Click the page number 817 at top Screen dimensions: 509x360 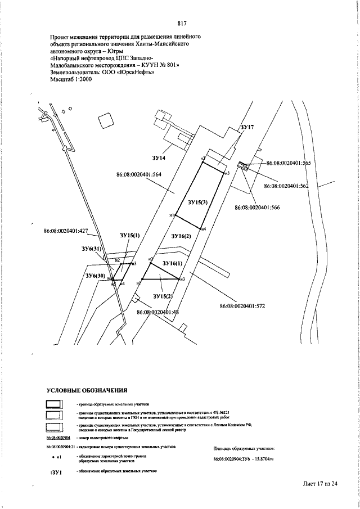point(182,23)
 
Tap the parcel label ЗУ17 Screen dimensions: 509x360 point(247,128)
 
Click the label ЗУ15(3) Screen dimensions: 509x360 point(199,202)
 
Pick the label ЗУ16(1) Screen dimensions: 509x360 point(173,263)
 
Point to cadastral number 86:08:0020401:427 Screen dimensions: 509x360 point(66,231)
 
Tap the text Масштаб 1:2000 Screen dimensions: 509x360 point(71,79)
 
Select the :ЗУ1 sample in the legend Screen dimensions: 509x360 point(56,473)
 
